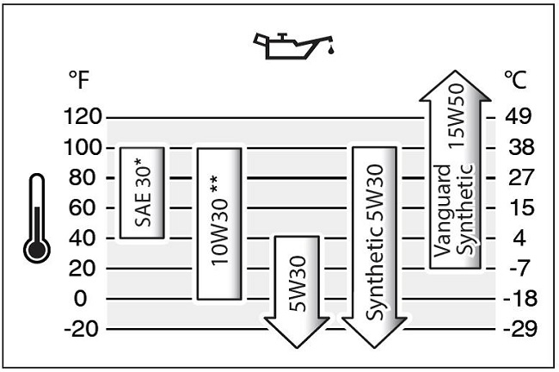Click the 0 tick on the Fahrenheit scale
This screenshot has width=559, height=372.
click(x=83, y=299)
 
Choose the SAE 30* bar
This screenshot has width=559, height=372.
click(x=142, y=192)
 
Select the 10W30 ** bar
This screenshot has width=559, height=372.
click(x=219, y=223)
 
